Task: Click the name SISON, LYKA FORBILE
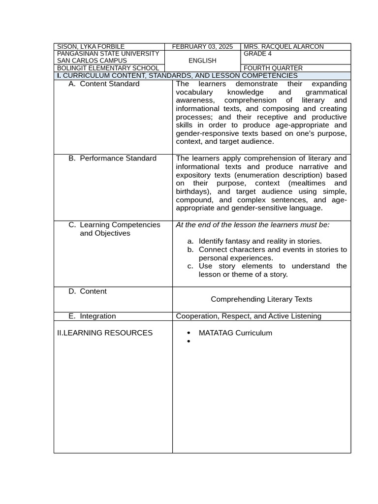[91, 47]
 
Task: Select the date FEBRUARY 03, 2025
[202, 47]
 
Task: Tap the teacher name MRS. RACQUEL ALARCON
[284, 47]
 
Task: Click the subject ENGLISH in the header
[202, 61]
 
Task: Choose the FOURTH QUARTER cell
[273, 68]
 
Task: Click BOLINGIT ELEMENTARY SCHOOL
[108, 68]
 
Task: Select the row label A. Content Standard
[109, 84]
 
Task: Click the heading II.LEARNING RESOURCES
[105, 333]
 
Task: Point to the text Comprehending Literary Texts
[261, 299]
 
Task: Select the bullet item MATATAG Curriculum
[235, 333]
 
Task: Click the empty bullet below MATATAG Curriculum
[189, 341]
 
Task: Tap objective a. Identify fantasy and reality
[260, 241]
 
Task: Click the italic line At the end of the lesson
[253, 224]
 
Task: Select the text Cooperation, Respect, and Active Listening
[249, 316]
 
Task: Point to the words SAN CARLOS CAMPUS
[92, 61]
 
